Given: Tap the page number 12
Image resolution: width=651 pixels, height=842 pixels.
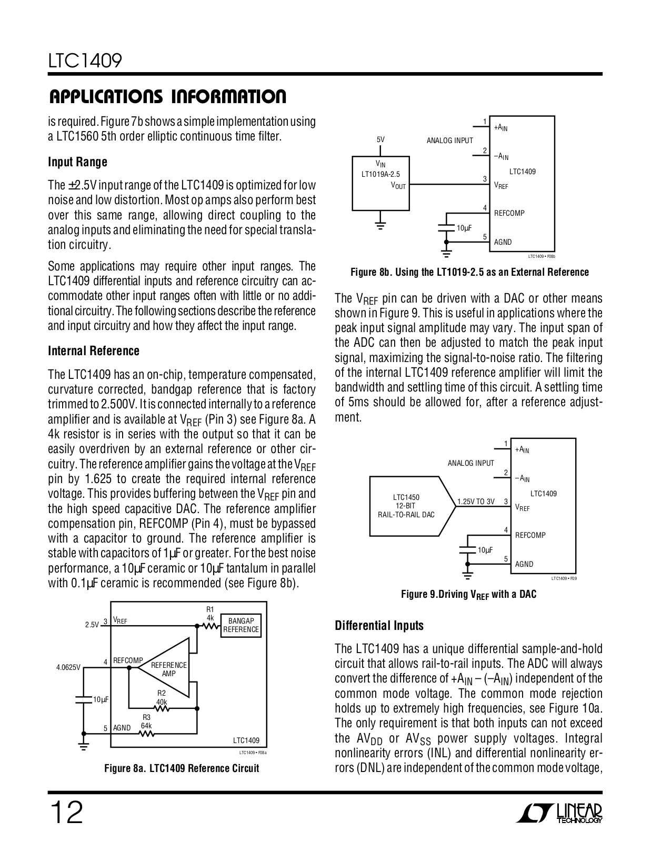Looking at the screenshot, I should (x=66, y=814).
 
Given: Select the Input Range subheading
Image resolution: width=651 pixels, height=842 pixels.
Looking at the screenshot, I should (x=77, y=162).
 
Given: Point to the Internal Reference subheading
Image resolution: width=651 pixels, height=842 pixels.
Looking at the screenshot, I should (x=94, y=351).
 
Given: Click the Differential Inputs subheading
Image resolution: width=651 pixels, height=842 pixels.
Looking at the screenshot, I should (x=379, y=626).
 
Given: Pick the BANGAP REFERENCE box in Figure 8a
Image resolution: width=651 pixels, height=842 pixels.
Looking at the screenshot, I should (x=241, y=625).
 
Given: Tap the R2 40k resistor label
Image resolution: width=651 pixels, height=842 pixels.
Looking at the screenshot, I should (x=161, y=698).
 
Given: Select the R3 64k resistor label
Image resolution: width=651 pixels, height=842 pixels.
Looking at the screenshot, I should (x=146, y=721).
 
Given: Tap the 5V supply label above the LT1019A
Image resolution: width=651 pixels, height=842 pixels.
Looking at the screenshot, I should (x=380, y=140).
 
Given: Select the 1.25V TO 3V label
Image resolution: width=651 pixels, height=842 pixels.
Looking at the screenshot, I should (x=476, y=502).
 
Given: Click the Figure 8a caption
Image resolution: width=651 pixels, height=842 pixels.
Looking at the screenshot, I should (x=182, y=768).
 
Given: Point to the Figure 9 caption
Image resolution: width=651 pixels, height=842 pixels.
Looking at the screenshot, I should (x=468, y=595).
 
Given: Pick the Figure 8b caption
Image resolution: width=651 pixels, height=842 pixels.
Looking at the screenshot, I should (x=469, y=272).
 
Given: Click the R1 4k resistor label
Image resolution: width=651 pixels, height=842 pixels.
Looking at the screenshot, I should (x=210, y=614).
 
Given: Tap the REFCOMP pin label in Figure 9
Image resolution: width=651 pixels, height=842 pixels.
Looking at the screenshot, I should (x=530, y=535).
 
